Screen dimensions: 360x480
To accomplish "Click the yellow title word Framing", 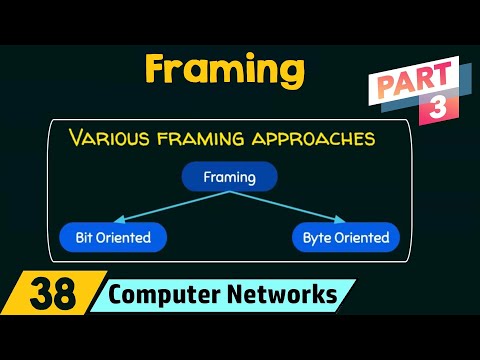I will click(x=224, y=71).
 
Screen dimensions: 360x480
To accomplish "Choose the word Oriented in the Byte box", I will click(x=360, y=238).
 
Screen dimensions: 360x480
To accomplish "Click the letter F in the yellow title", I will click(x=158, y=69).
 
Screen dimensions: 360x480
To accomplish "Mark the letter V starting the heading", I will click(x=77, y=137).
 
